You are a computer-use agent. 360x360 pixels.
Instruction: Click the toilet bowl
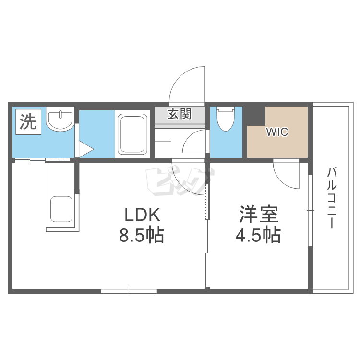point(224,119)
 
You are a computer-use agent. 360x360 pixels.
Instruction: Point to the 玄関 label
point(180,114)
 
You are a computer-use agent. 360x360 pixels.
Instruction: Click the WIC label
point(277,132)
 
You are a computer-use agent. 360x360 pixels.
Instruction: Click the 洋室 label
point(260,215)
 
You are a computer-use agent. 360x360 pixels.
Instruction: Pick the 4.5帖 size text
point(258,235)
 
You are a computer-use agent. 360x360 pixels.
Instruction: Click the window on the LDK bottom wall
point(129,291)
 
